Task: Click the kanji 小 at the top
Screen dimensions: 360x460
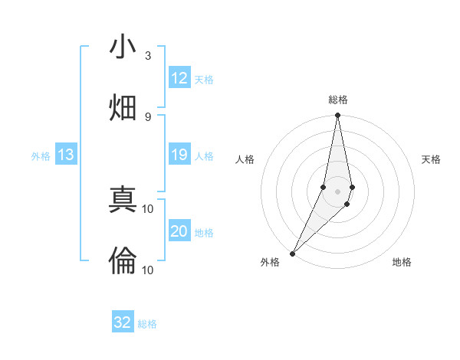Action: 123,48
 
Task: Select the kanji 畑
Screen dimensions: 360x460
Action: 123,108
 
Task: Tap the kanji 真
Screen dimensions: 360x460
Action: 123,201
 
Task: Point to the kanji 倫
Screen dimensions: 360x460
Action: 123,261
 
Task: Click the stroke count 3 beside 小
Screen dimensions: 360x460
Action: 148,56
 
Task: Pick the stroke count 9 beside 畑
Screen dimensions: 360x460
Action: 148,116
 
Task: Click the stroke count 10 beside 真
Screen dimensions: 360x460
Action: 148,208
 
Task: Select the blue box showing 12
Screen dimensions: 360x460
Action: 179,78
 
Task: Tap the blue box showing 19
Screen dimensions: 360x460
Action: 179,155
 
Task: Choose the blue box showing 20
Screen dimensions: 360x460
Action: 179,232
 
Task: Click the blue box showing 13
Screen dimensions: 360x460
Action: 66,155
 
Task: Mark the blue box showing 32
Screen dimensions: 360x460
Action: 123,322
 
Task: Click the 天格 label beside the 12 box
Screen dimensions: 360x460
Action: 204,79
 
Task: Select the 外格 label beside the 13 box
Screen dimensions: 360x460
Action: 41,156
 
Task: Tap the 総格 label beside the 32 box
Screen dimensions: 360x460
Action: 147,324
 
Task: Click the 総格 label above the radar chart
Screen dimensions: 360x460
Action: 337,100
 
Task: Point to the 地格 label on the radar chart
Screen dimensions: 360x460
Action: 402,262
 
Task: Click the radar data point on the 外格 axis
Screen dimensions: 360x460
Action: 292,253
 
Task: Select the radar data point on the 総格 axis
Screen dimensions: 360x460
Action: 337,116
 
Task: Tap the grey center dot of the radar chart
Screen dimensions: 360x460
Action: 337,191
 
